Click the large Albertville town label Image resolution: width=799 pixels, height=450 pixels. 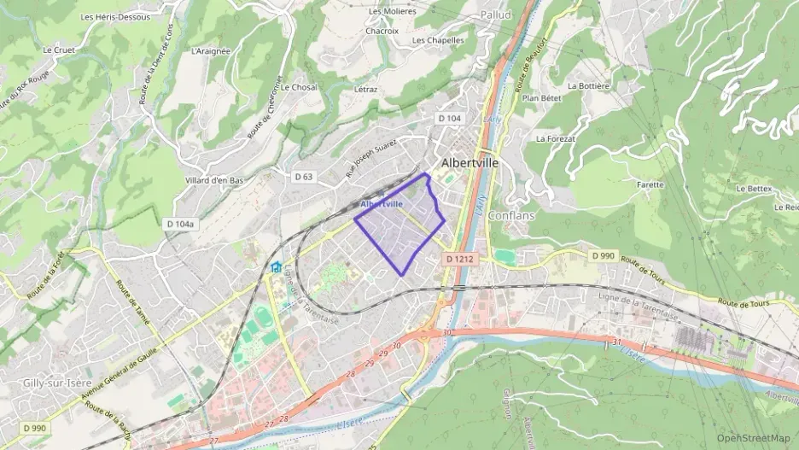pos(469,162)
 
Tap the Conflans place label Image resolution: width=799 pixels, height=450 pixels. pos(511,215)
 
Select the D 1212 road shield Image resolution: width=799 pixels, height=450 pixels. pos(459,258)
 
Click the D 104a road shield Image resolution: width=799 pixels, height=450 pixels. pos(180,224)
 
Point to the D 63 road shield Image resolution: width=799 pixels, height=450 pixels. pos(304,177)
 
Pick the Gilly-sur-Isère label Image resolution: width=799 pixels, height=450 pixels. pos(55,384)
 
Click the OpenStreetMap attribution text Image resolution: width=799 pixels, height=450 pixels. pos(754,438)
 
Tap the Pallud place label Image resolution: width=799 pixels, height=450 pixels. pos(495,15)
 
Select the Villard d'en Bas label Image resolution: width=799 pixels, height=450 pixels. pos(214,180)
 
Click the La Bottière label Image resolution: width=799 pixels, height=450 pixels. pos(589,86)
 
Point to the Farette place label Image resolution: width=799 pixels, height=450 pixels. pos(650,184)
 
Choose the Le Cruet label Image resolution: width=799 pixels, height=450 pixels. pos(59,50)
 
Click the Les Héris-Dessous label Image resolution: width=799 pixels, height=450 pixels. pos(115,16)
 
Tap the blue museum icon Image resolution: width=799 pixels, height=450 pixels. pos(276,267)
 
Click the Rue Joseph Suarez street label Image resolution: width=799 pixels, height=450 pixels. pos(371,157)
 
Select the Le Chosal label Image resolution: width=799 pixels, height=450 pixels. pos(299,87)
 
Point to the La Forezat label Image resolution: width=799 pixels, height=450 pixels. pos(556,138)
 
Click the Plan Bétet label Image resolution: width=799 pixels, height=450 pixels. pos(542,98)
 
